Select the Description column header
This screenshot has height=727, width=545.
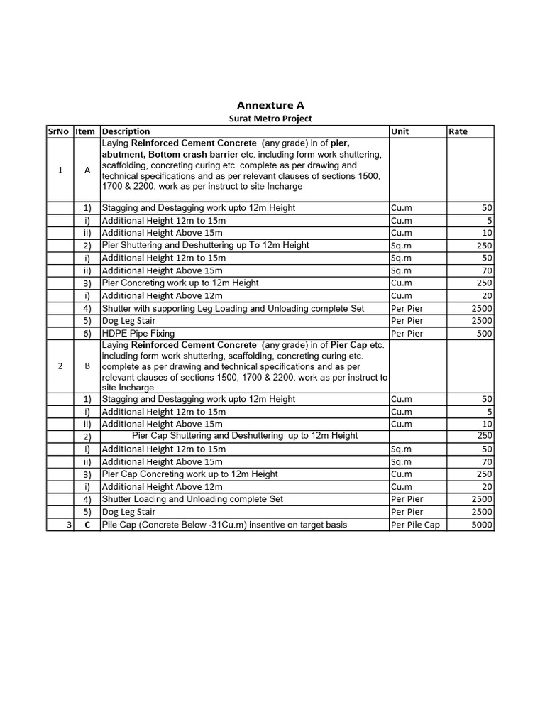click(x=126, y=131)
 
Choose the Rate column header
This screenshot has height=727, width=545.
click(x=458, y=131)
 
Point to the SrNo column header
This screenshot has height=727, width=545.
click(x=59, y=131)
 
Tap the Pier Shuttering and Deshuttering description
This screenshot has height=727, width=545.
click(x=205, y=245)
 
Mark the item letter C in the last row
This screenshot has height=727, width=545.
click(x=87, y=525)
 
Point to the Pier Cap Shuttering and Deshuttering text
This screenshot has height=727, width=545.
click(x=245, y=435)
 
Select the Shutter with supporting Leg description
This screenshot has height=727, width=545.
click(x=233, y=308)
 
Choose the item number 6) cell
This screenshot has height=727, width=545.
click(x=87, y=334)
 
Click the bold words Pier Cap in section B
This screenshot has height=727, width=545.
click(x=348, y=345)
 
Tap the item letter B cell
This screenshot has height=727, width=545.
click(x=87, y=366)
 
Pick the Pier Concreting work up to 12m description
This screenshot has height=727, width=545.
click(x=180, y=283)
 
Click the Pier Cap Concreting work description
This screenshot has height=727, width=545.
click(x=189, y=474)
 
